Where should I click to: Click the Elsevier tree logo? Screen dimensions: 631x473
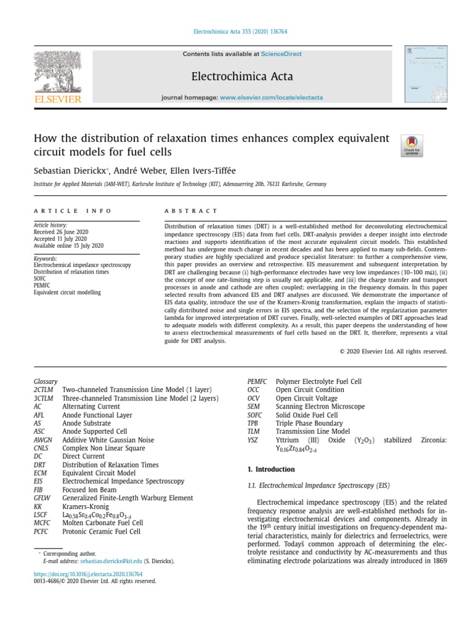point(57,73)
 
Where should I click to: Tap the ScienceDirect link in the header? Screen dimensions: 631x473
point(281,54)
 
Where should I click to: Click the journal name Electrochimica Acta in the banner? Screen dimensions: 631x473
point(243,76)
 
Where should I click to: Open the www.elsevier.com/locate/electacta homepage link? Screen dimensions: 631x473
point(271,98)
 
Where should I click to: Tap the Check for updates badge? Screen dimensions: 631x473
point(411,145)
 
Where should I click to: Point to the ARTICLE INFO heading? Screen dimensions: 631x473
point(73,211)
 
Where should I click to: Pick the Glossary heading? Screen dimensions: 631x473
point(46,381)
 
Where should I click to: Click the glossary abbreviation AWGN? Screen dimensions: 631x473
point(42,440)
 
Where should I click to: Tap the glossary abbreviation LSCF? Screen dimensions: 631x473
point(41,515)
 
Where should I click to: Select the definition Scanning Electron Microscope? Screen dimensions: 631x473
point(320,407)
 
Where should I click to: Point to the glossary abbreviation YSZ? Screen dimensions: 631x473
point(253,440)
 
